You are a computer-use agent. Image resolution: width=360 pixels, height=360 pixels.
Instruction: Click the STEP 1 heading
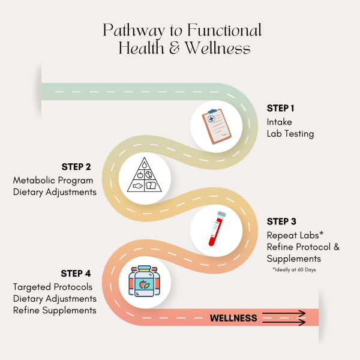point(280,108)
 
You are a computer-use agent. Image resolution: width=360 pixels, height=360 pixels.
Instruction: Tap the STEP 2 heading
point(76,167)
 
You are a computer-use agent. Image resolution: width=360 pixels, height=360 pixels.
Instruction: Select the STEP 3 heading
point(281,221)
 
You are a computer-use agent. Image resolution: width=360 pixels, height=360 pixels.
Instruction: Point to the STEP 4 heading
point(76,274)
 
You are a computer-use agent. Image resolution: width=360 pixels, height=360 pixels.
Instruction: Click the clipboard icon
point(217,126)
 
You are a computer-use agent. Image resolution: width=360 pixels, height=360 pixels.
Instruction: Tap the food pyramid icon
point(145,175)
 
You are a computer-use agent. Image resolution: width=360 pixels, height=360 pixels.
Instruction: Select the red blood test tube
point(217,229)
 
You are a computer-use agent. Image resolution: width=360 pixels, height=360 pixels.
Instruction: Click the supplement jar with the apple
point(144,281)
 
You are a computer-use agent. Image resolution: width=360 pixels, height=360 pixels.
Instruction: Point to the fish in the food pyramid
point(138,186)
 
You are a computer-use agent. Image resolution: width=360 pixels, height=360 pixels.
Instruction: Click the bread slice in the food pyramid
point(151,185)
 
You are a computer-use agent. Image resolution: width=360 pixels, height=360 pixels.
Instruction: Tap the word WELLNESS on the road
point(233,318)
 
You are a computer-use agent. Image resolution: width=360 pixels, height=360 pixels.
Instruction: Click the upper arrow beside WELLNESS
point(284,313)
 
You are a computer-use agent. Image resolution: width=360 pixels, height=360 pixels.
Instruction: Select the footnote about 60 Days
point(294,269)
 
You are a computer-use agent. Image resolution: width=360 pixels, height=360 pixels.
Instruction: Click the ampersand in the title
point(175,47)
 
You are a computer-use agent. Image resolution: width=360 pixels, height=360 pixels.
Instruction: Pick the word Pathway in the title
point(134,31)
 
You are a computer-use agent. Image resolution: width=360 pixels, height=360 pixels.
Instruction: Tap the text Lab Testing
point(290,134)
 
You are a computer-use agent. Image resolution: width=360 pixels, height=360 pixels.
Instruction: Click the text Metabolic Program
point(53,180)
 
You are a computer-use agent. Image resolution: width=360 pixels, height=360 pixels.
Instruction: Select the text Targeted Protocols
point(53,287)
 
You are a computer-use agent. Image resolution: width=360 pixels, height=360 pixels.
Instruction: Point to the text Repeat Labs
point(293,235)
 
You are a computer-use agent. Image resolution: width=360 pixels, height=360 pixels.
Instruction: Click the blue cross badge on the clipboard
point(211,119)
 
